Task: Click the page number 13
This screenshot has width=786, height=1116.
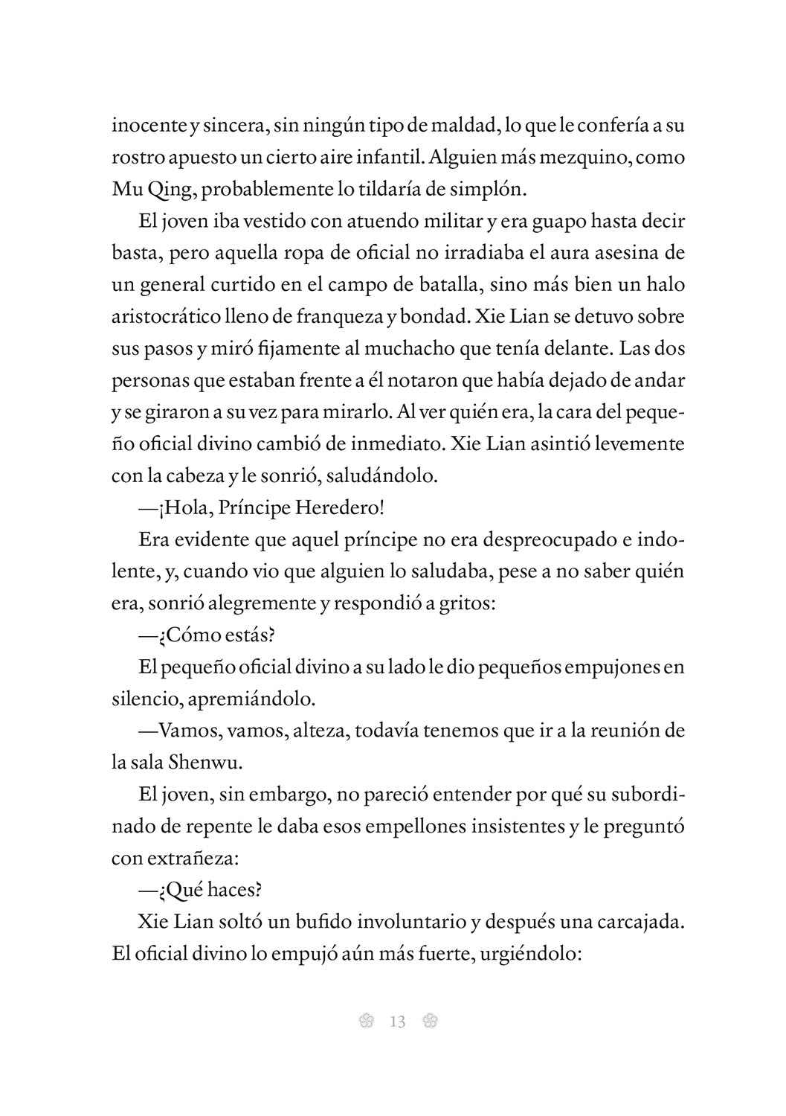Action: pos(397,1022)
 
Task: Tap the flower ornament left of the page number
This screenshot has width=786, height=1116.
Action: pos(365,1022)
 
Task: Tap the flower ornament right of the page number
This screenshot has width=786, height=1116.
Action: pos(430,1022)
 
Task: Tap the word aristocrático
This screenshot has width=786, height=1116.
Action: pos(167,316)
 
